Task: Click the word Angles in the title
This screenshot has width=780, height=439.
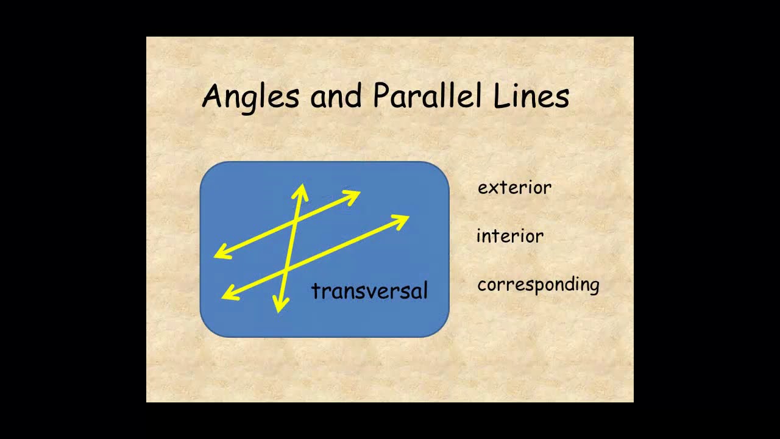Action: point(250,96)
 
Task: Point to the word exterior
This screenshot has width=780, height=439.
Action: point(514,188)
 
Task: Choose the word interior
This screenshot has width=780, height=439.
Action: point(510,236)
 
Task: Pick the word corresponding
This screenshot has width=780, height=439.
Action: point(538,285)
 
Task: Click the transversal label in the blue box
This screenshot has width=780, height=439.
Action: point(369,291)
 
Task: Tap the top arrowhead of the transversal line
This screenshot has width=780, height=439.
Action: point(301,190)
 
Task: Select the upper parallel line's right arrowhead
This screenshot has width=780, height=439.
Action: point(353,196)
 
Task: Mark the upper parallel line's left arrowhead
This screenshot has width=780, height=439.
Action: point(221,252)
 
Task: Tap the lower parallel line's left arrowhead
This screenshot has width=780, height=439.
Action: point(229,294)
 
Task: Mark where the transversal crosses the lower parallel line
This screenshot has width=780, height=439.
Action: point(286,267)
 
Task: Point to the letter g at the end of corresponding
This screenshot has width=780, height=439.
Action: point(594,287)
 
